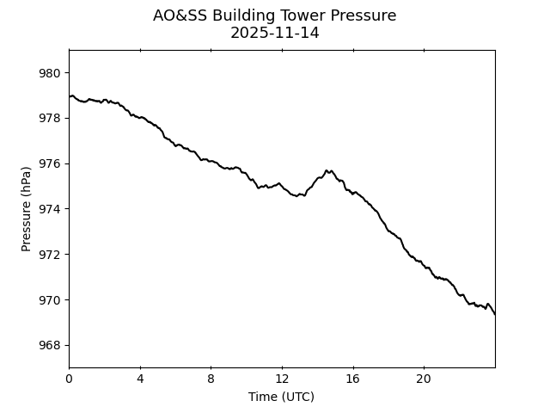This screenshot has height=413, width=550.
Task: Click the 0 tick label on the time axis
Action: tap(69, 379)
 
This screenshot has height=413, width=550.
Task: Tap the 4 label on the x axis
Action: tap(140, 379)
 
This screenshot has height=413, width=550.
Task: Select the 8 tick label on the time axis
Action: tap(211, 379)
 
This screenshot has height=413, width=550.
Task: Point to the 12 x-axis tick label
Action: tap(282, 379)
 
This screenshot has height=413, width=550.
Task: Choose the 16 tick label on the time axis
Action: tap(352, 379)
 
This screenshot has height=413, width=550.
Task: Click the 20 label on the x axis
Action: tap(424, 379)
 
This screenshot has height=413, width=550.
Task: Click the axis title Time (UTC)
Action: tap(281, 397)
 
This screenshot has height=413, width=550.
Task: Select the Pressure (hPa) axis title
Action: tap(27, 209)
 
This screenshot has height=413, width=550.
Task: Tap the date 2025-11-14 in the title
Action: tap(274, 34)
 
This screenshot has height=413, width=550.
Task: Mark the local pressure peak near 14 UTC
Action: tap(327, 170)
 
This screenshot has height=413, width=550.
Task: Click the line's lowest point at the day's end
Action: tap(494, 314)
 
